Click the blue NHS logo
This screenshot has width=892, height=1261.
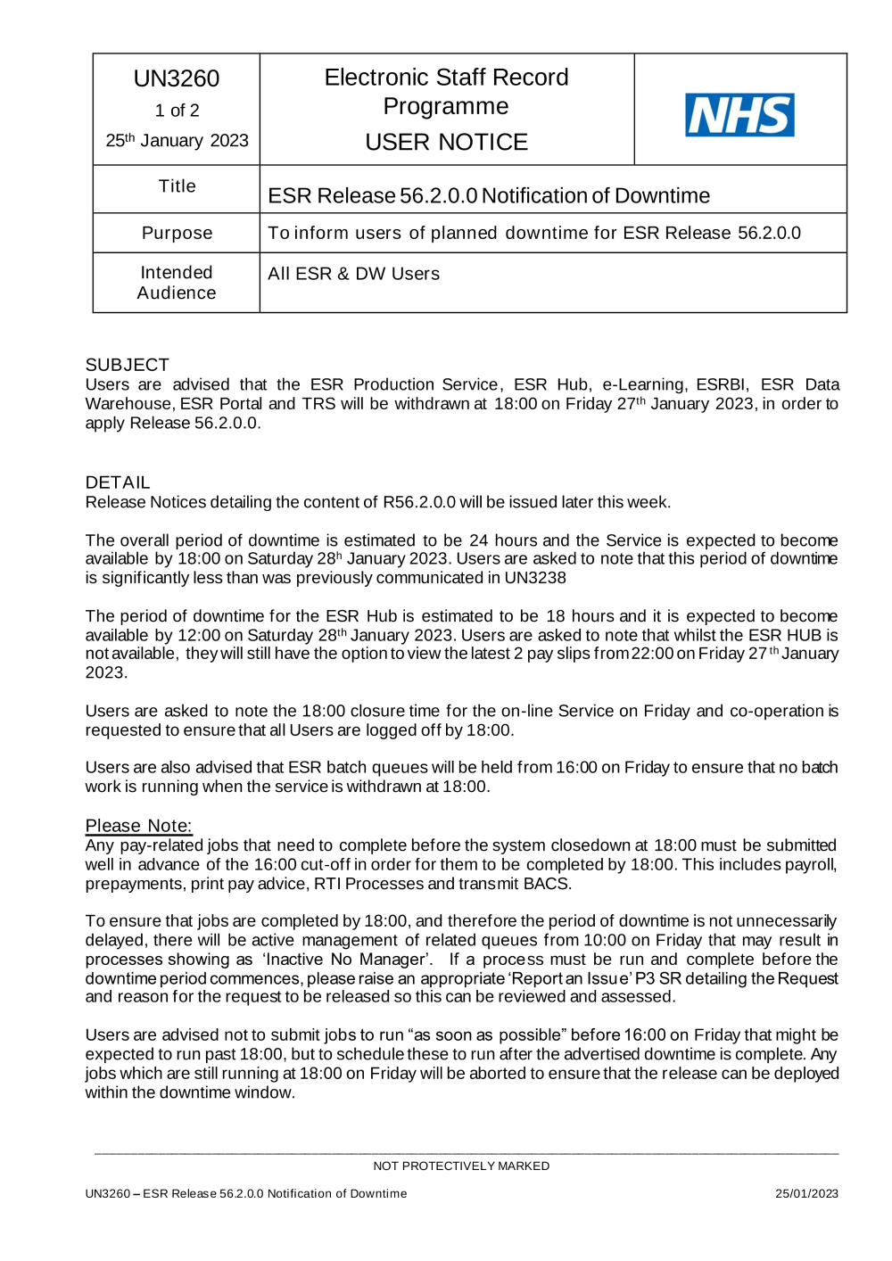739,115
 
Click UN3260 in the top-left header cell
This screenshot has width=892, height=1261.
177,78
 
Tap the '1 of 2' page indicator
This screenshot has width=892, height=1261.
177,111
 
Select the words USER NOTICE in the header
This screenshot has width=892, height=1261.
446,142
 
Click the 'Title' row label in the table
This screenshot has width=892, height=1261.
177,186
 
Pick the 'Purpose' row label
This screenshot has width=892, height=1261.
177,233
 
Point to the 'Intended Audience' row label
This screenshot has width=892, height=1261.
177,283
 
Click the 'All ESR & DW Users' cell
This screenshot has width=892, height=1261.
353,274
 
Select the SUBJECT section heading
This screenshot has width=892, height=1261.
127,365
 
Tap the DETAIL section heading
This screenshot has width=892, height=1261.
118,482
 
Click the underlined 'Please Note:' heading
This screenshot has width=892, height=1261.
138,826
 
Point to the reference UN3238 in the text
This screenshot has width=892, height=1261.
535,578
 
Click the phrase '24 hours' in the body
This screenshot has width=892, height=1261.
503,540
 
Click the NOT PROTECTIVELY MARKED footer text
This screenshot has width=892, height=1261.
461,1166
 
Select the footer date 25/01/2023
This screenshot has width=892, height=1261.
806,1193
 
